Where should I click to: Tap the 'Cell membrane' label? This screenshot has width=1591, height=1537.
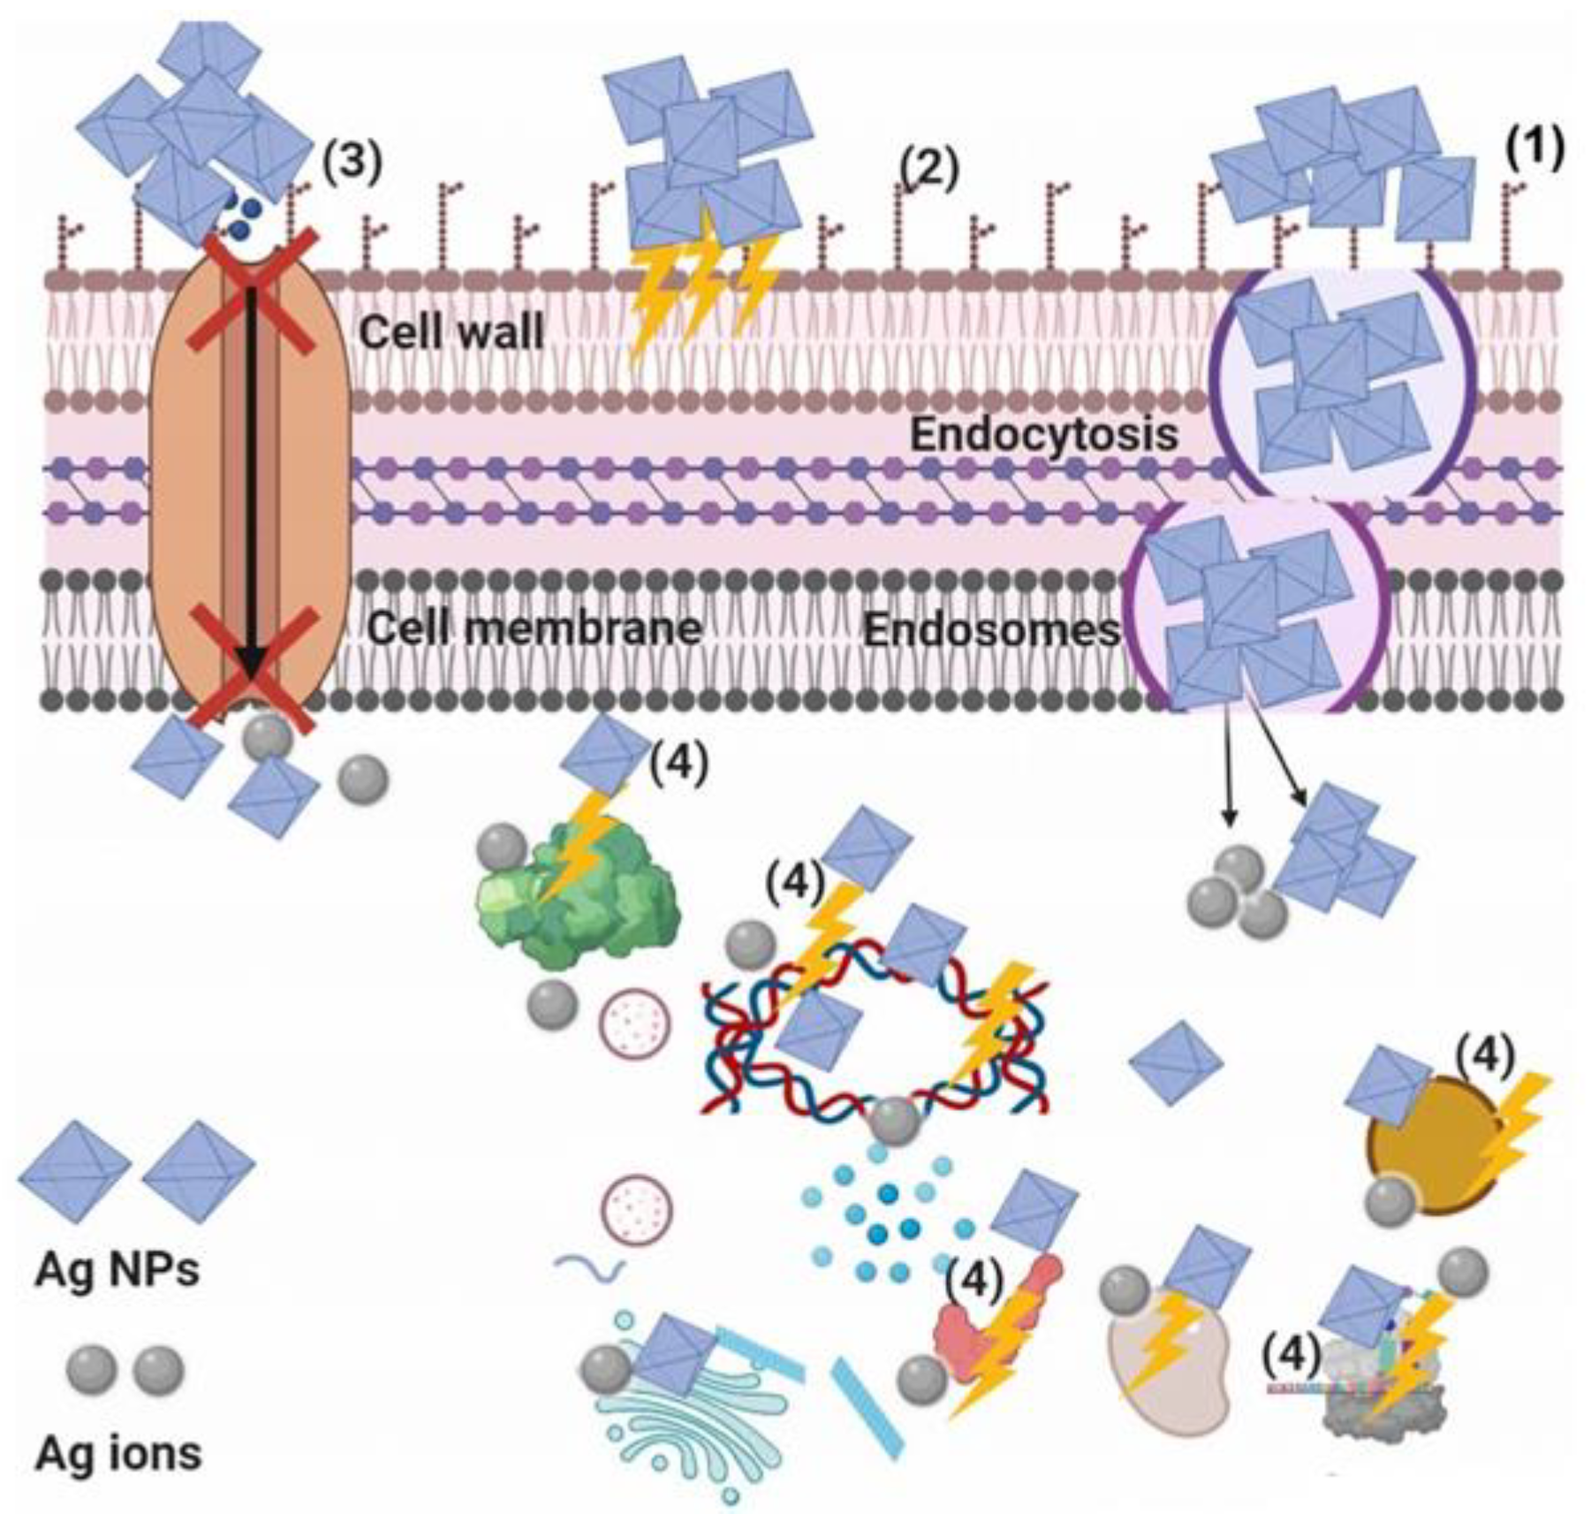click(x=534, y=628)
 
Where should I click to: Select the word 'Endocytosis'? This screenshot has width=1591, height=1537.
click(x=1043, y=435)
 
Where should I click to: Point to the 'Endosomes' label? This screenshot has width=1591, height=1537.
click(x=991, y=630)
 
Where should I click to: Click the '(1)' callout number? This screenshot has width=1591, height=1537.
click(x=1534, y=147)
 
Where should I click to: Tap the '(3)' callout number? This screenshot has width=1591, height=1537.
click(x=352, y=162)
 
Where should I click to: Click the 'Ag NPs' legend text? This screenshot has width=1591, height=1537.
click(x=117, y=1271)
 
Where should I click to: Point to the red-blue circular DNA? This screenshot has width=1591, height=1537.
click(x=875, y=1043)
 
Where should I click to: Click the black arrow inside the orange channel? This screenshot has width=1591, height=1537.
click(x=252, y=486)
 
